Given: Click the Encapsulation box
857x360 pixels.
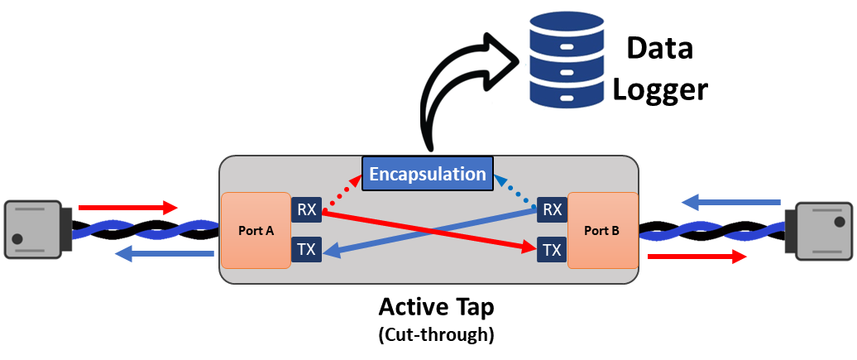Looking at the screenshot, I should coord(427,174).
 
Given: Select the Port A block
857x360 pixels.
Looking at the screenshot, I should coord(256,231).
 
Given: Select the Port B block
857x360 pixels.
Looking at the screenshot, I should coord(602,231).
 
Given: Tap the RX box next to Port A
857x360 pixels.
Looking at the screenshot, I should coord(306,210).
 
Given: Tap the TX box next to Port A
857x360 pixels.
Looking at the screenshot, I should coord(306,249).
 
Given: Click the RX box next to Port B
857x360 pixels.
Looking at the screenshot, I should coord(552,210).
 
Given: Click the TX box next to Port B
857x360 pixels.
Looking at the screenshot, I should coord(552,249).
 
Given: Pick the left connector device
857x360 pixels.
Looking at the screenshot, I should coord(33,229).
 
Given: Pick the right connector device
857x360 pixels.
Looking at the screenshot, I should coord(823,231).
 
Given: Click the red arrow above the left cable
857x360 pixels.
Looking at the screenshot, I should coord(128,206).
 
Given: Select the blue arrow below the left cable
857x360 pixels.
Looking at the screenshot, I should coord(163,254).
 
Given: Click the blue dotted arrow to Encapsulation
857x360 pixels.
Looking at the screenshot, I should coord(517,190).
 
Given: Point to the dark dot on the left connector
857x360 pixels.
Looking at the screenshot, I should coord(17,240).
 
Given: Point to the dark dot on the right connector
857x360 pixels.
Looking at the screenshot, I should coord(839,222).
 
